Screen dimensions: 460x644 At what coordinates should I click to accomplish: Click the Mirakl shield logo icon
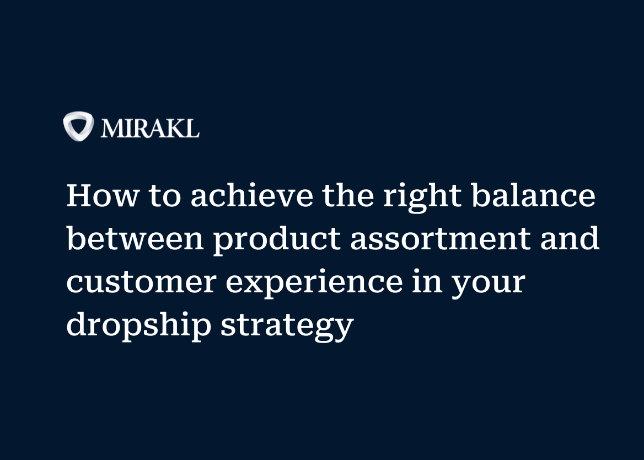point(78,126)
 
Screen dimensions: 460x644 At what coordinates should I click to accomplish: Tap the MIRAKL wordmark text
point(150,128)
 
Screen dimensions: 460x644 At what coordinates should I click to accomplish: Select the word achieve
point(251,196)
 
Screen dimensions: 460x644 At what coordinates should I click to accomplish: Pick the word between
point(135,239)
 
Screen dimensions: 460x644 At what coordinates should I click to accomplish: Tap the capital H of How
point(79,196)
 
